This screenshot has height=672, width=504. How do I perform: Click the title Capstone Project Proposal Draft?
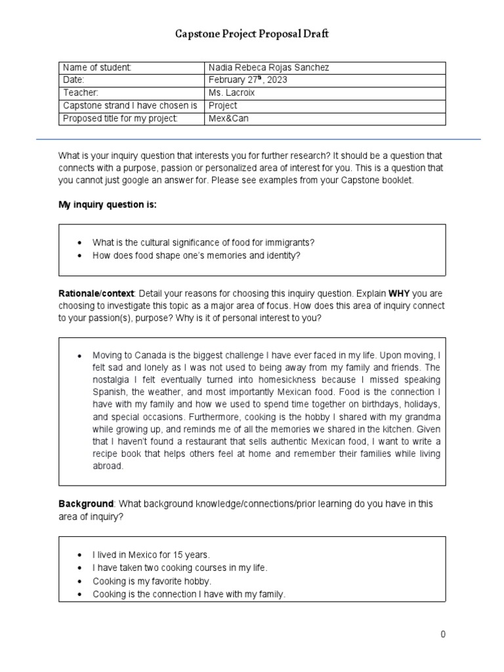point(251,35)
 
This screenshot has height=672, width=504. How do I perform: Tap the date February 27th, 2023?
point(248,80)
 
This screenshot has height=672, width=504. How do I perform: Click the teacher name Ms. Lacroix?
point(232,93)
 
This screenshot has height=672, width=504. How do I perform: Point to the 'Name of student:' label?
point(97,68)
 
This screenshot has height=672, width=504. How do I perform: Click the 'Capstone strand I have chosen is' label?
point(130,106)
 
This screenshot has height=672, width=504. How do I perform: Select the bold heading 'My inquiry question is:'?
point(108,205)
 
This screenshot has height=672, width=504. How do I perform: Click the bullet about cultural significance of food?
point(199,242)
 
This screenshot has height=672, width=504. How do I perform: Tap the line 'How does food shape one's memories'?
point(196,255)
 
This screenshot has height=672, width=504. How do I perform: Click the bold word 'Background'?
point(86,503)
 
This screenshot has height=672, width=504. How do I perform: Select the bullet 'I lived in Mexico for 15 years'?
point(151,555)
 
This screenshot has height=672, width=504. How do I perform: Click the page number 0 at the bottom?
point(443,634)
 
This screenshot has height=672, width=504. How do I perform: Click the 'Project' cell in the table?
point(223,106)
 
